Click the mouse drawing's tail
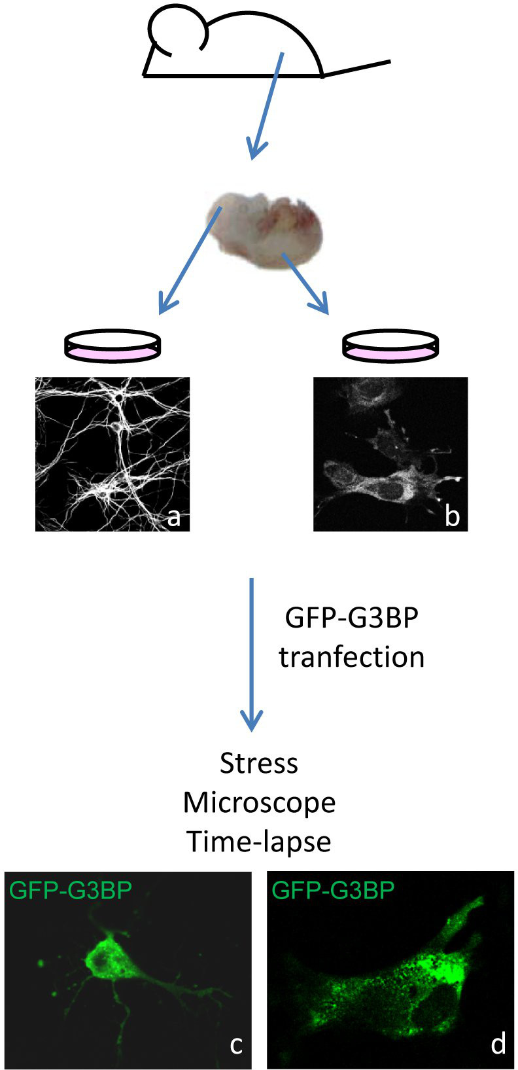pyautogui.click(x=358, y=69)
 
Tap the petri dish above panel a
pyautogui.click(x=112, y=345)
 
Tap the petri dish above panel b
pyautogui.click(x=391, y=345)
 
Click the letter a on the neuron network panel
pyautogui.click(x=173, y=517)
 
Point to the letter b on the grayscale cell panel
pyautogui.click(x=452, y=516)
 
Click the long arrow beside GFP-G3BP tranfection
pyautogui.click(x=252, y=654)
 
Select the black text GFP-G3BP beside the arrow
pyautogui.click(x=351, y=618)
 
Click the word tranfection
pyautogui.click(x=351, y=657)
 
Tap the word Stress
pyautogui.click(x=259, y=763)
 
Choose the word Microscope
pyautogui.click(x=259, y=802)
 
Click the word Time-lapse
pyautogui.click(x=259, y=842)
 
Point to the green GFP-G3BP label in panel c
pyautogui.click(x=71, y=891)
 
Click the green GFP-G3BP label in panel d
pyautogui.click(x=333, y=891)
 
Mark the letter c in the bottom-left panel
pyautogui.click(x=236, y=1045)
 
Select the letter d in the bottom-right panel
pyautogui.click(x=498, y=1044)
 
